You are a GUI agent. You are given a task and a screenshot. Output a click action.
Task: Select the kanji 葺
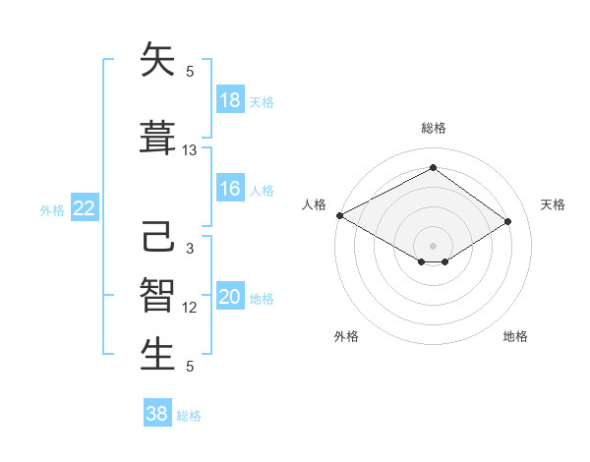pyautogui.click(x=158, y=139)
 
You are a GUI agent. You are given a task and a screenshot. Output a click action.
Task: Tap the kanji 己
pyautogui.click(x=158, y=238)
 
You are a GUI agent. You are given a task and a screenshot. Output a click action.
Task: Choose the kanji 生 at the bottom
pyautogui.click(x=158, y=355)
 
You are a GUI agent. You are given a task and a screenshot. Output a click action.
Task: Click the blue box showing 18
pyautogui.click(x=230, y=100)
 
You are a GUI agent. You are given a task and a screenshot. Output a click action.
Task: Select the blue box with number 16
pyautogui.click(x=230, y=189)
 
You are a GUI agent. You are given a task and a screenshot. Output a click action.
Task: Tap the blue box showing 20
pyautogui.click(x=230, y=298)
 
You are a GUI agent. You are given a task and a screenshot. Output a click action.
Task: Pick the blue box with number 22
pyautogui.click(x=85, y=208)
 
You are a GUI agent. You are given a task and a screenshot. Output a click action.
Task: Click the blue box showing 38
pyautogui.click(x=157, y=414)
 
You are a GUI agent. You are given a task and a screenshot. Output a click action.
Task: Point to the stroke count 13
pyautogui.click(x=190, y=150)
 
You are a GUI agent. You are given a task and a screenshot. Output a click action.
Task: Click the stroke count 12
pyautogui.click(x=190, y=308)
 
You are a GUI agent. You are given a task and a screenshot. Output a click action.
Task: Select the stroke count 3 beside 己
pyautogui.click(x=190, y=249)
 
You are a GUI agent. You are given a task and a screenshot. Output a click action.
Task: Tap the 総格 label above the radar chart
pyautogui.click(x=433, y=128)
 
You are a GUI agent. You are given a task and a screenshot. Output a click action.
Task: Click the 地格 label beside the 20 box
pyautogui.click(x=263, y=299)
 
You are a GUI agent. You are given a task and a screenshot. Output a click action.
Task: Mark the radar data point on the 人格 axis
pyautogui.click(x=339, y=215)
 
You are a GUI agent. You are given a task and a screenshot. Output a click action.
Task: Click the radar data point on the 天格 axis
pyautogui.click(x=508, y=222)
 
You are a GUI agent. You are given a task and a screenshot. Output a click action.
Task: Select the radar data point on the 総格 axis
pyautogui.click(x=433, y=168)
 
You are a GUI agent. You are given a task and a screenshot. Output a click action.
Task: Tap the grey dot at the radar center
pyautogui.click(x=433, y=244)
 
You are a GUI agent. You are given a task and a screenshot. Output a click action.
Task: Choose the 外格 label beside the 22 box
pyautogui.click(x=52, y=209)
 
